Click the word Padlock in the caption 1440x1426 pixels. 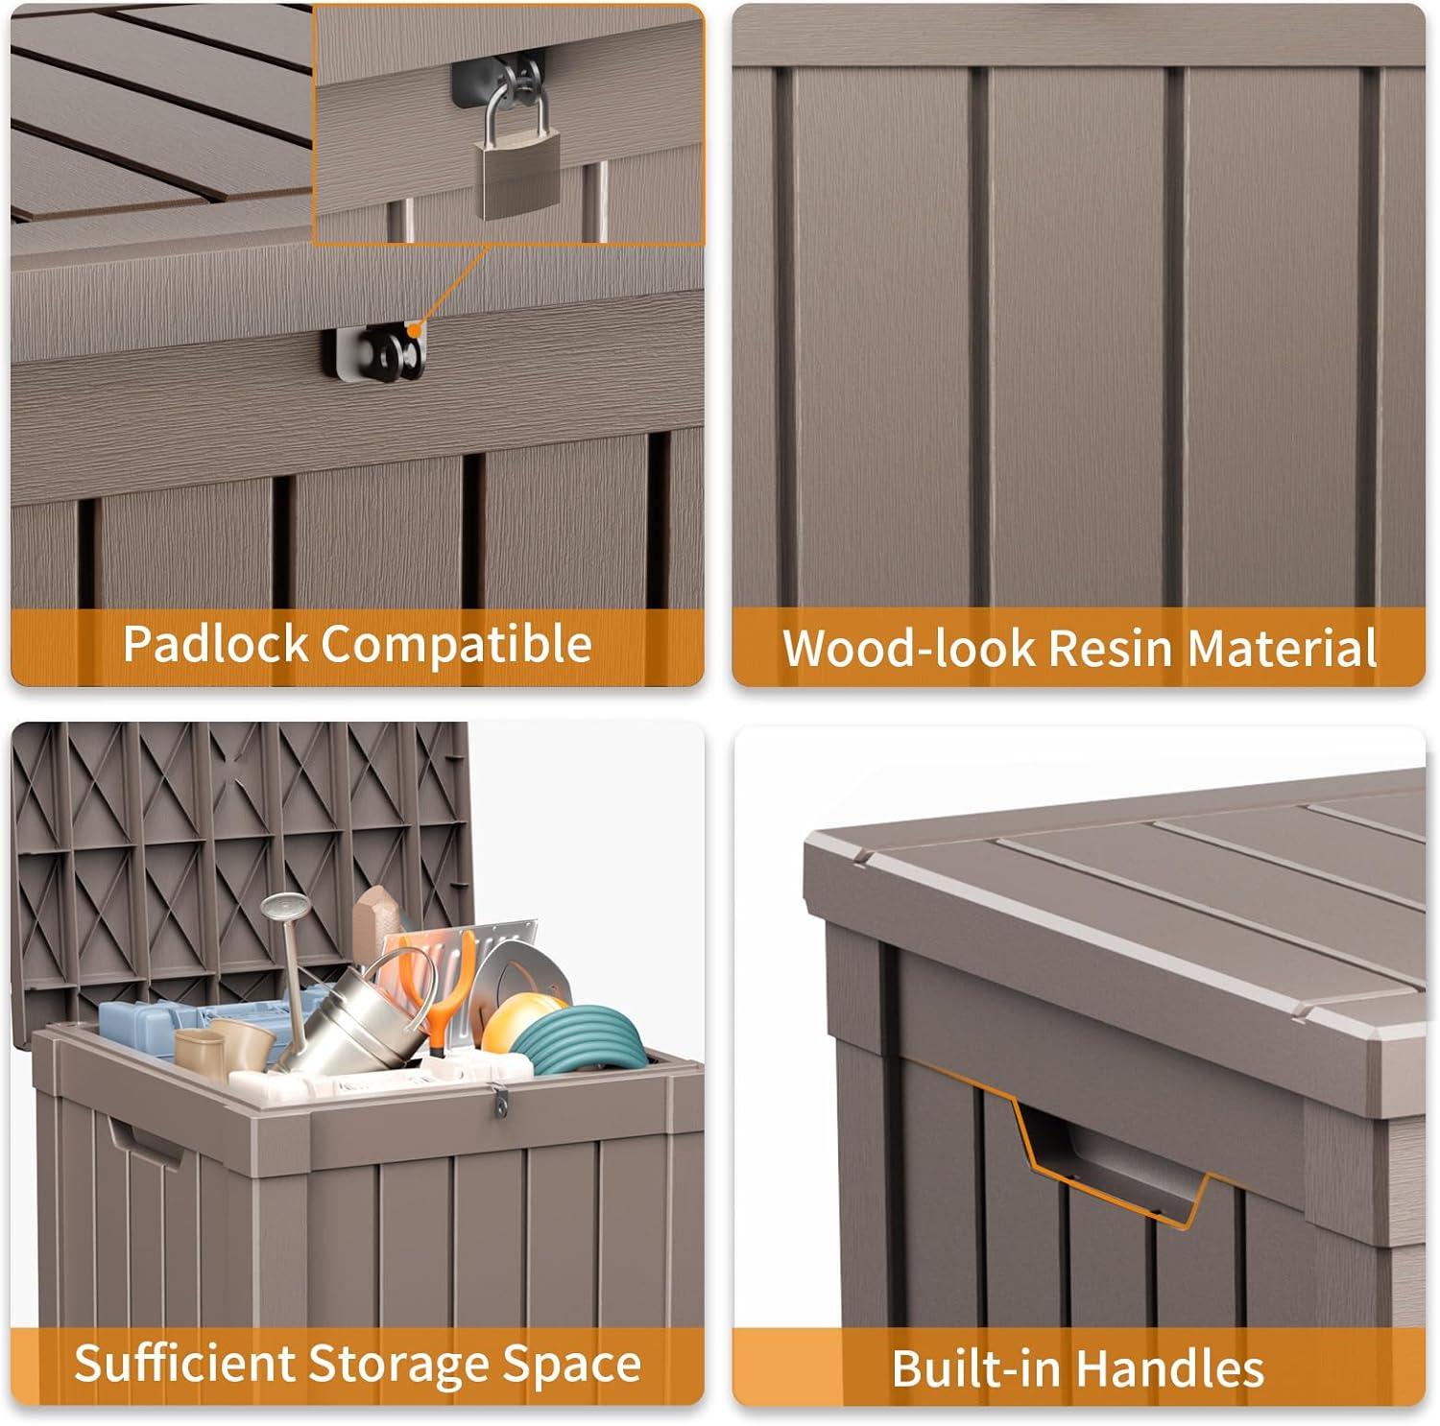pos(216,643)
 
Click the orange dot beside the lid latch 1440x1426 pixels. pos(415,329)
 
